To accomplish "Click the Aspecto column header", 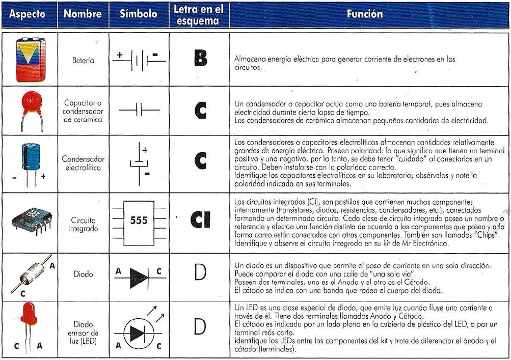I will tap(27, 14).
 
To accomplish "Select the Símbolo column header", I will tap(138, 14).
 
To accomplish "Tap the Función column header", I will tap(364, 14).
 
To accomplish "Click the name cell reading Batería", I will tap(83, 60).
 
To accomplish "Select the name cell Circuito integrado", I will tap(83, 225).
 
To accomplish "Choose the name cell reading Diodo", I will tap(83, 274).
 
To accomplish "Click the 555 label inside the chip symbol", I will tap(139, 220).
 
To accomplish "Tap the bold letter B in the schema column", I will tap(200, 59).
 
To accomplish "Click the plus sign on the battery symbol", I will tap(120, 54).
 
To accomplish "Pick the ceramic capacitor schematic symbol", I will tap(139, 110).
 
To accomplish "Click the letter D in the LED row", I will tap(200, 326).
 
